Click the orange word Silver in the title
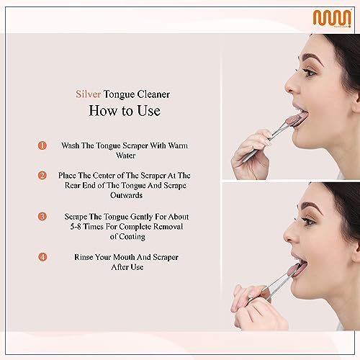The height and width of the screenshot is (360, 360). tap(89, 93)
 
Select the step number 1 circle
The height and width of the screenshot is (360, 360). tap(42, 145)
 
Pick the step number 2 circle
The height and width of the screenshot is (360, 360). tap(42, 174)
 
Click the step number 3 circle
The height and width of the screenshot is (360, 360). tap(42, 215)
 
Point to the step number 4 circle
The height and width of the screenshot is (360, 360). tap(42, 256)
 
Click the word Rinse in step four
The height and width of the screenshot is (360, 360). tap(86, 256)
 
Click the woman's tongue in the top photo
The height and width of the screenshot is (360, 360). tap(293, 115)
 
